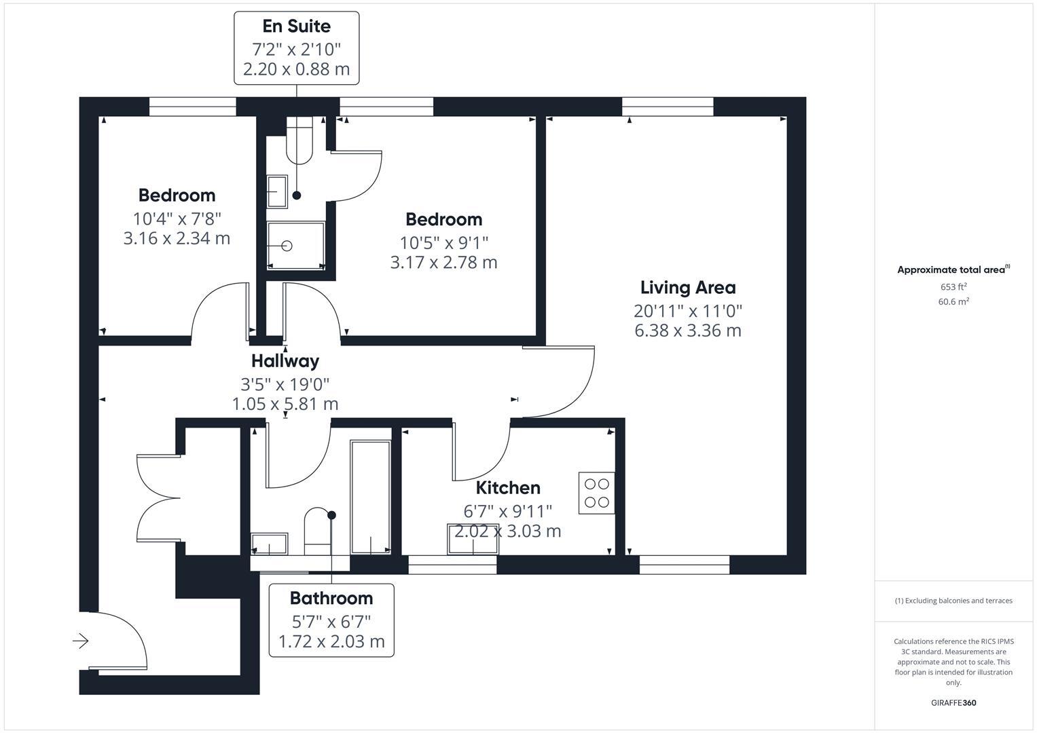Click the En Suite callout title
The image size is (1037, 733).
coord(296,26)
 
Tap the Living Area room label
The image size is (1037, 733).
coord(687,288)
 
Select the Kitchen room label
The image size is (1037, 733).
coord(507,488)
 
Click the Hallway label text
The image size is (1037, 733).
coord(285,361)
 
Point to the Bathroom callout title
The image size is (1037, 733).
coord(331,598)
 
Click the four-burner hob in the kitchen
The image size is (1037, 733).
coord(596,493)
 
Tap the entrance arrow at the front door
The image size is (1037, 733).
coord(81,641)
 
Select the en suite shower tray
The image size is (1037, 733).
coord(295,246)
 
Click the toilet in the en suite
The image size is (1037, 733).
coord(299,141)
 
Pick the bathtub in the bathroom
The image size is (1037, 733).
coord(370,497)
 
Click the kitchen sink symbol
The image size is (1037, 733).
coord(472,539)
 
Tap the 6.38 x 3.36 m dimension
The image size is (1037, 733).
coord(687,331)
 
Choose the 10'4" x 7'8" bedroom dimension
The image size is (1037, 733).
coord(177,219)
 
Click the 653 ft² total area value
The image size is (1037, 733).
coord(953,286)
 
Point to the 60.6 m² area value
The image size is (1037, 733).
coord(953,302)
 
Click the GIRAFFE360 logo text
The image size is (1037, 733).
coord(953,702)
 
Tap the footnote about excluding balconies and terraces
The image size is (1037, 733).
coord(953,601)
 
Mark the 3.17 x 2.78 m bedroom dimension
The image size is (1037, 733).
coord(443,263)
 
